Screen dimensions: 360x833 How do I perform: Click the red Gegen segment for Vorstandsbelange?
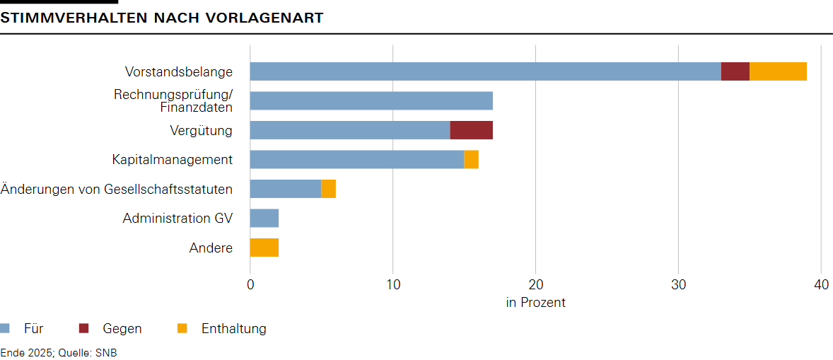735,71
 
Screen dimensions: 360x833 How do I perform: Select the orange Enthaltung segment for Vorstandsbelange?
778,71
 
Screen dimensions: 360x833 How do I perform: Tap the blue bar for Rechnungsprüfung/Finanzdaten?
371,101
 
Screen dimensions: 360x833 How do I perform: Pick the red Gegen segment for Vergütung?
471,130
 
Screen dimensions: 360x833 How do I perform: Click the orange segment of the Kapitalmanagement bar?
471,160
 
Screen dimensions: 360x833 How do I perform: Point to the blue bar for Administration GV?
264,219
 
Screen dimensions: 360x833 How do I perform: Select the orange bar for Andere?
264,248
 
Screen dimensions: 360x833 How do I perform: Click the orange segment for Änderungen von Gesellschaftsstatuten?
328,189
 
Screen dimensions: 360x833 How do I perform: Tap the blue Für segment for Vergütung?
350,130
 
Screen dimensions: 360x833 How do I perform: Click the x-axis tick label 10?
393,284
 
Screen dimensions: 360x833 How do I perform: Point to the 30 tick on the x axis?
678,284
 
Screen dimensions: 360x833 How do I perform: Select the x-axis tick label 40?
820,284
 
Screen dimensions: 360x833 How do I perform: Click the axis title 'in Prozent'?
535,303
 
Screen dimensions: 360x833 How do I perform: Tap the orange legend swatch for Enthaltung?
182,328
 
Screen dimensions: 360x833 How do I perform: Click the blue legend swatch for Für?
5,328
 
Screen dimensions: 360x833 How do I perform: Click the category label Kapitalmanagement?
172,160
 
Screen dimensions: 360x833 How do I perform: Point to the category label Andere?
211,248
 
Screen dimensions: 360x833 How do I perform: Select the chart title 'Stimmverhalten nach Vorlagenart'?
162,18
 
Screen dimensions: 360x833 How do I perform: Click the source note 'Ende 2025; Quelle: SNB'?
59,352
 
